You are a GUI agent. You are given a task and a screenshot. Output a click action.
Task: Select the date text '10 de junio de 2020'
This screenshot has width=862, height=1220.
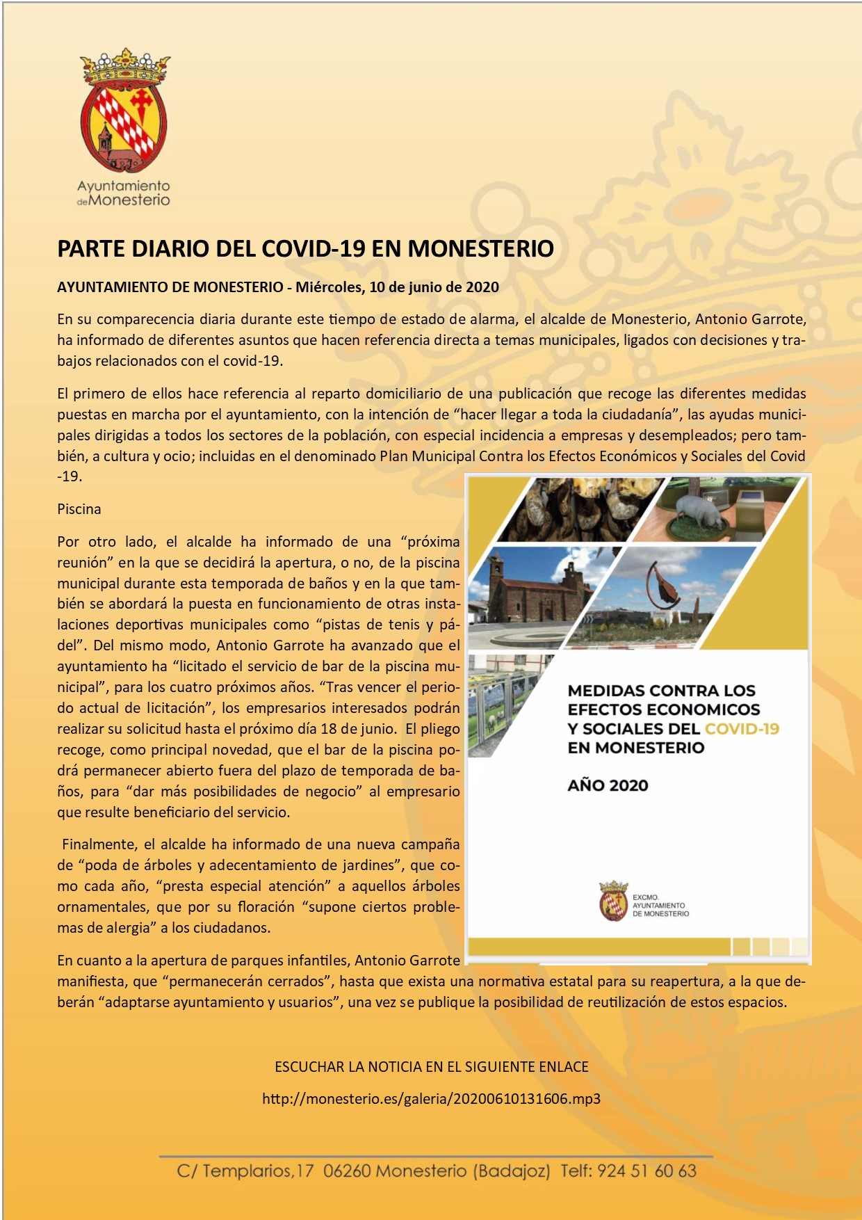pos(434,287)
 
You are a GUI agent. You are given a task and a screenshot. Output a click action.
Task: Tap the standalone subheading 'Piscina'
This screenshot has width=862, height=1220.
pos(79,508)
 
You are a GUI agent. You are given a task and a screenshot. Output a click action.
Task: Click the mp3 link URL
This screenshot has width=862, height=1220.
pos(431,1099)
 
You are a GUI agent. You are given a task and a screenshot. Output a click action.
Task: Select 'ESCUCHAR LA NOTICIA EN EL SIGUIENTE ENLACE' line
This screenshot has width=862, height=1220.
pos(431,1067)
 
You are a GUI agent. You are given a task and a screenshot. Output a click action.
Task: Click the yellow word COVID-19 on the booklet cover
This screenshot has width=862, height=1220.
pos(742,728)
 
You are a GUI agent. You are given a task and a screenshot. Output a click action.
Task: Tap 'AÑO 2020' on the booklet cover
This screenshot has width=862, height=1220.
pos(608,785)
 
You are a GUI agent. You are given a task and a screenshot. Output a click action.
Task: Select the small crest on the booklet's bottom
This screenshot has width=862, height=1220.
pos(613,901)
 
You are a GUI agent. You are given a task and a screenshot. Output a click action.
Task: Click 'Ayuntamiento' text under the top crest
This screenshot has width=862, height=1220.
pos(124,186)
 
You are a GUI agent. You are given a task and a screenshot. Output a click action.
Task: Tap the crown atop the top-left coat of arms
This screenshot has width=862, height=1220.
pos(125,66)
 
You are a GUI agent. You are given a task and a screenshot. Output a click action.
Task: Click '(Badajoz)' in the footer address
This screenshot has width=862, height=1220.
pos(512,1171)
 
